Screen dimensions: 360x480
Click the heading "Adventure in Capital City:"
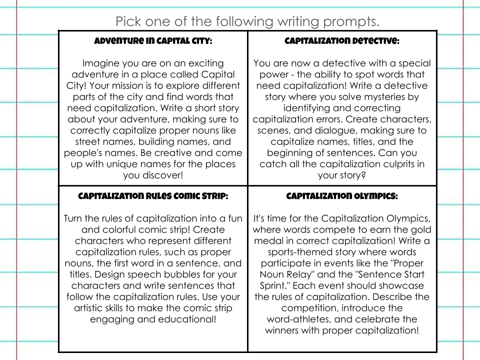(153, 41)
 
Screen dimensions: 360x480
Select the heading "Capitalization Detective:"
(342, 41)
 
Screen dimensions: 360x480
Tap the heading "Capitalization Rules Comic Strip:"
(153, 196)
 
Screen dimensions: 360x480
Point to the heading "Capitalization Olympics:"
(342, 196)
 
